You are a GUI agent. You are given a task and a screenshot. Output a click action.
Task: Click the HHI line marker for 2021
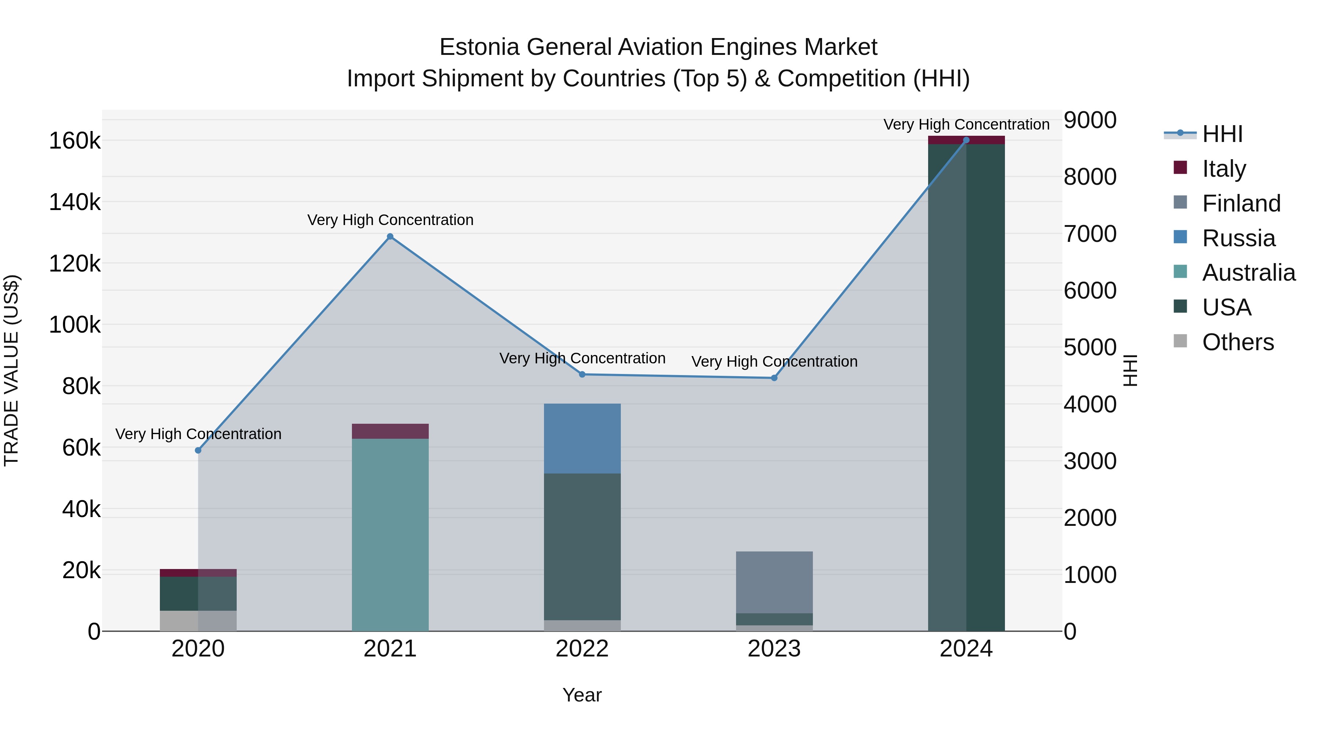390,236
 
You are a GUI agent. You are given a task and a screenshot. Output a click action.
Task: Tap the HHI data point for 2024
966,140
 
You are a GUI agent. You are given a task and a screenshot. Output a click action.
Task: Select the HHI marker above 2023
774,378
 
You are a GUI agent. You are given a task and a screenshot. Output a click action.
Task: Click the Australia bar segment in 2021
390,534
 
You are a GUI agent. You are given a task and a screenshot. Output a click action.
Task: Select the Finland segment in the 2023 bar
774,582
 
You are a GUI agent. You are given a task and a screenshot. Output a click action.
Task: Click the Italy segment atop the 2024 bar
966,140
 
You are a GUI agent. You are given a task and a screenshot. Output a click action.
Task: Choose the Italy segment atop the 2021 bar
390,431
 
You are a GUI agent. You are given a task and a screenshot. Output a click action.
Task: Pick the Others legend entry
1237,342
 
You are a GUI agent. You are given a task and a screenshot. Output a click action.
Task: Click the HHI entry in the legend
1222,134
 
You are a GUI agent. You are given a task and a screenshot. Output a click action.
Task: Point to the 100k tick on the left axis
75,325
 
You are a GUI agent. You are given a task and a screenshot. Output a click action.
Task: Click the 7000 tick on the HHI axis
1089,234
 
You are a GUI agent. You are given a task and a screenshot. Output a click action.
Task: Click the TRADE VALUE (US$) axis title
11,370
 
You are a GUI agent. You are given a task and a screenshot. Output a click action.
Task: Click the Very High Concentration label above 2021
390,220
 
